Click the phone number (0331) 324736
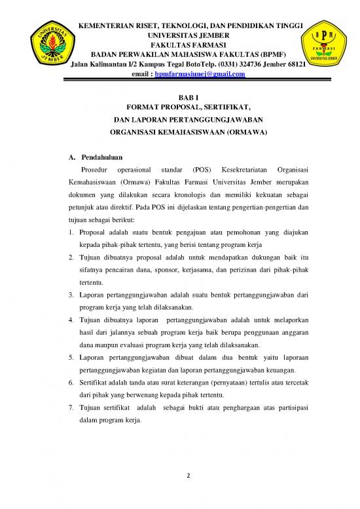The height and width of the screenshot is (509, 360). click(x=232, y=64)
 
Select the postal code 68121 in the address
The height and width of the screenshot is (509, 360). click(x=296, y=64)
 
